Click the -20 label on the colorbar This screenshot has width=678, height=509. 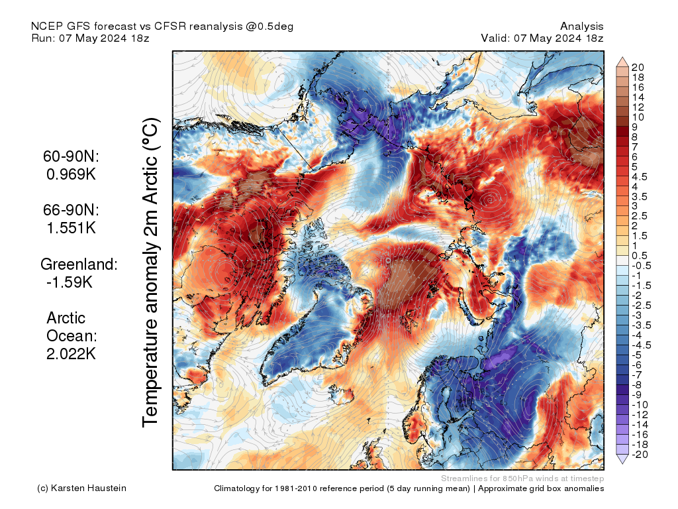point(639,455)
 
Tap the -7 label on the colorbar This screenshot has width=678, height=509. point(637,375)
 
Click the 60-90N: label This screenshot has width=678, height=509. point(71,157)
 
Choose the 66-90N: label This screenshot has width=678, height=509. point(71,210)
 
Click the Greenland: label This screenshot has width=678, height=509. point(79,264)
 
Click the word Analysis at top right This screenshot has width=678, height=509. point(581,26)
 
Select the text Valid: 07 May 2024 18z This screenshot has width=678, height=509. point(542,38)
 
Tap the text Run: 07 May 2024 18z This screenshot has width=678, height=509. point(90,38)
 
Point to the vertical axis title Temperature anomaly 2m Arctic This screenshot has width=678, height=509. point(151,272)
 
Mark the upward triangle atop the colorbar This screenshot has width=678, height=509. point(622,62)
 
